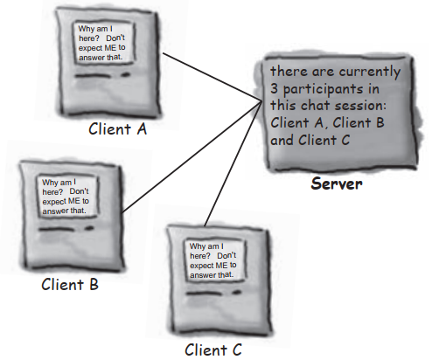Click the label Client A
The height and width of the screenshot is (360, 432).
tap(118, 129)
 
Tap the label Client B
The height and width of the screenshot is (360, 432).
tap(70, 285)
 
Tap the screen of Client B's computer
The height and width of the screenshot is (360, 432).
tap(66, 198)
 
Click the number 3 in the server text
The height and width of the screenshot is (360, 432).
tap(275, 88)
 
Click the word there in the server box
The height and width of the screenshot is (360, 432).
tap(288, 71)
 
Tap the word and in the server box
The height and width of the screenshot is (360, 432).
tap(282, 138)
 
